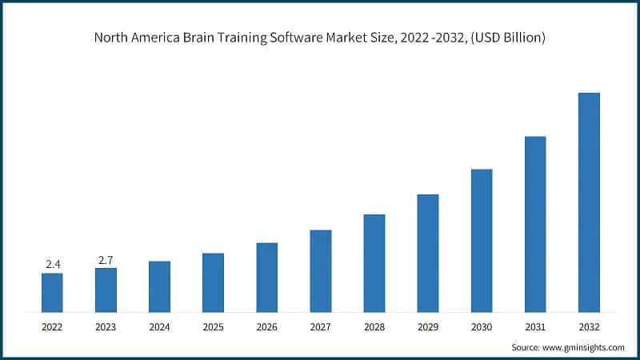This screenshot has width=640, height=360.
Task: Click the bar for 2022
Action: click(52, 292)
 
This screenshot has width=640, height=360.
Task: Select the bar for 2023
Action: click(106, 290)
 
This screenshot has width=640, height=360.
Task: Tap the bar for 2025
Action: click(213, 282)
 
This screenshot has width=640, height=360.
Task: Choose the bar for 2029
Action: click(427, 253)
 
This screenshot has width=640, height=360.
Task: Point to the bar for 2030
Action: click(481, 240)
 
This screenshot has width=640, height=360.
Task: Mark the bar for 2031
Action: click(534, 224)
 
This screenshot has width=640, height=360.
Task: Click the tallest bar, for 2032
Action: click(589, 202)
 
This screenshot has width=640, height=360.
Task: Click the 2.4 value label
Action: click(52, 264)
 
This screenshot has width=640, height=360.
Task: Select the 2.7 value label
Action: click(106, 259)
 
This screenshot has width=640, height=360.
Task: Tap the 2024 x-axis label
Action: click(159, 326)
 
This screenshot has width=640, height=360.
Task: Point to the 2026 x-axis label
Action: click(266, 326)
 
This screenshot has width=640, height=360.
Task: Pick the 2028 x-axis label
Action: click(374, 326)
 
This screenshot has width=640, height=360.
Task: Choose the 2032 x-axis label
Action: click(589, 326)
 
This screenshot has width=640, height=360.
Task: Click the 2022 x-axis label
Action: click(52, 326)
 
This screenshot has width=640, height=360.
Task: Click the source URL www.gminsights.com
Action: click(583, 347)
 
